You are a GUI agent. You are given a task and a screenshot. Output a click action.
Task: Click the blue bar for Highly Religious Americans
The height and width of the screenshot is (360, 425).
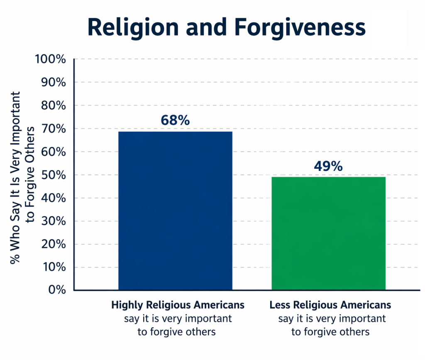point(175,211)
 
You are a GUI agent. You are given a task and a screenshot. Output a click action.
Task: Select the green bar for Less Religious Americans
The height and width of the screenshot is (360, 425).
point(328,234)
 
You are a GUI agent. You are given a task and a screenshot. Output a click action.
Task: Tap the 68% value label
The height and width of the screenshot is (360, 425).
point(175,120)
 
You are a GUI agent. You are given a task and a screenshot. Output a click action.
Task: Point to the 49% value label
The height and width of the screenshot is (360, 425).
point(328,166)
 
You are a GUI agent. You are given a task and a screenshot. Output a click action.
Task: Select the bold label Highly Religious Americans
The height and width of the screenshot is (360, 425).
point(178,305)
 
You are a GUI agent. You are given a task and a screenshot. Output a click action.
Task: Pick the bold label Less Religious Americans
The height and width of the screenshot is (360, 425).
point(330,305)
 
